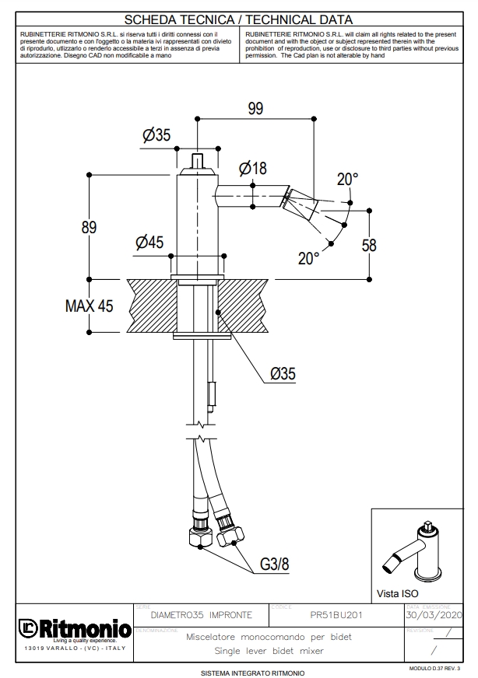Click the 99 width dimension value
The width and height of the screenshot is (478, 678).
click(255, 109)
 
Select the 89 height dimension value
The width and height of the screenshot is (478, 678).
click(89, 227)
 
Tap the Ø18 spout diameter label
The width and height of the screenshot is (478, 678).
click(254, 168)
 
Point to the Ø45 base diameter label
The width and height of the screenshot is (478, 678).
click(149, 243)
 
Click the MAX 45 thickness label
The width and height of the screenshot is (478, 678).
click(88, 306)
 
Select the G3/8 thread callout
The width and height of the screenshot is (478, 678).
click(274, 564)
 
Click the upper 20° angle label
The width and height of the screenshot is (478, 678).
click(347, 179)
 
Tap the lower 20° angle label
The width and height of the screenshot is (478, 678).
click(308, 257)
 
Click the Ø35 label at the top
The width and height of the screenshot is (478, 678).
click(156, 135)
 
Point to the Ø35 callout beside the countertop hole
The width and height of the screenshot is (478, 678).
click(283, 373)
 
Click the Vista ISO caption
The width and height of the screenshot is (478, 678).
click(398, 593)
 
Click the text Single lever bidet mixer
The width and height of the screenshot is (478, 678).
click(269, 650)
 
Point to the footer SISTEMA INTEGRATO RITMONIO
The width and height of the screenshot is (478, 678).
click(252, 672)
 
